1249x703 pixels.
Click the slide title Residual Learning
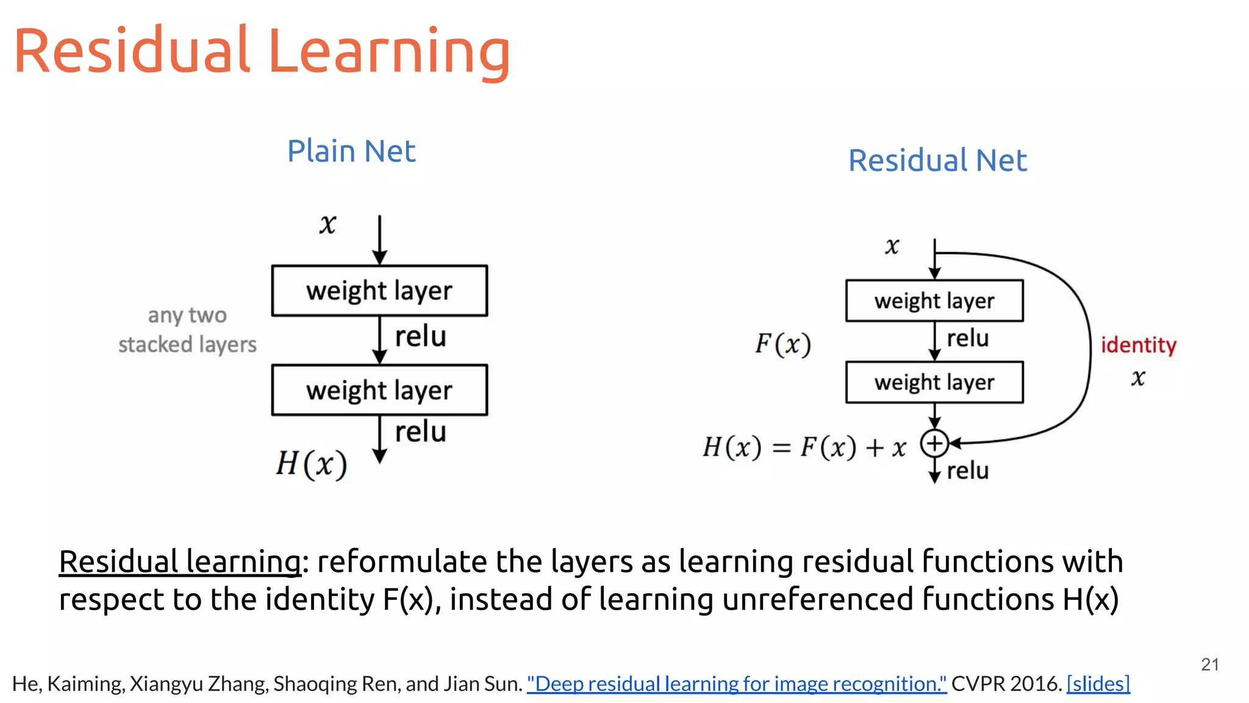point(262,52)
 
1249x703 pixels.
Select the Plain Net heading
point(351,151)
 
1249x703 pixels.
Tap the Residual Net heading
point(937,160)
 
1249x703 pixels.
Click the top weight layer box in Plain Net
point(379,290)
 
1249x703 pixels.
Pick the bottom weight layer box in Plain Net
point(379,390)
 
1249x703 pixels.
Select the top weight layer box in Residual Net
point(934,301)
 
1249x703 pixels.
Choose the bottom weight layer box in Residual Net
point(934,383)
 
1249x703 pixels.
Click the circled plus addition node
point(934,444)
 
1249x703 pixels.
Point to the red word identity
point(1138,345)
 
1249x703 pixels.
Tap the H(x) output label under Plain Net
point(311,464)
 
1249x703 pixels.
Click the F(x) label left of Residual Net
point(783,344)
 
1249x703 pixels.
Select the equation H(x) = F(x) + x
point(804,447)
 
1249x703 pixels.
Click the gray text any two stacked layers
point(187,330)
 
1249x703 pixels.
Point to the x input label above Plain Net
point(327,225)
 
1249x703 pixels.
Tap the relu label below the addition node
point(968,470)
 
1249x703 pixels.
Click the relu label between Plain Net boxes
point(420,337)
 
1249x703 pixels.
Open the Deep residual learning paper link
point(736,683)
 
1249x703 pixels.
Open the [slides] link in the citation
point(1098,683)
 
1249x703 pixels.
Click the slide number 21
point(1210,665)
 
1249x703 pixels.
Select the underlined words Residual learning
point(180,561)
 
